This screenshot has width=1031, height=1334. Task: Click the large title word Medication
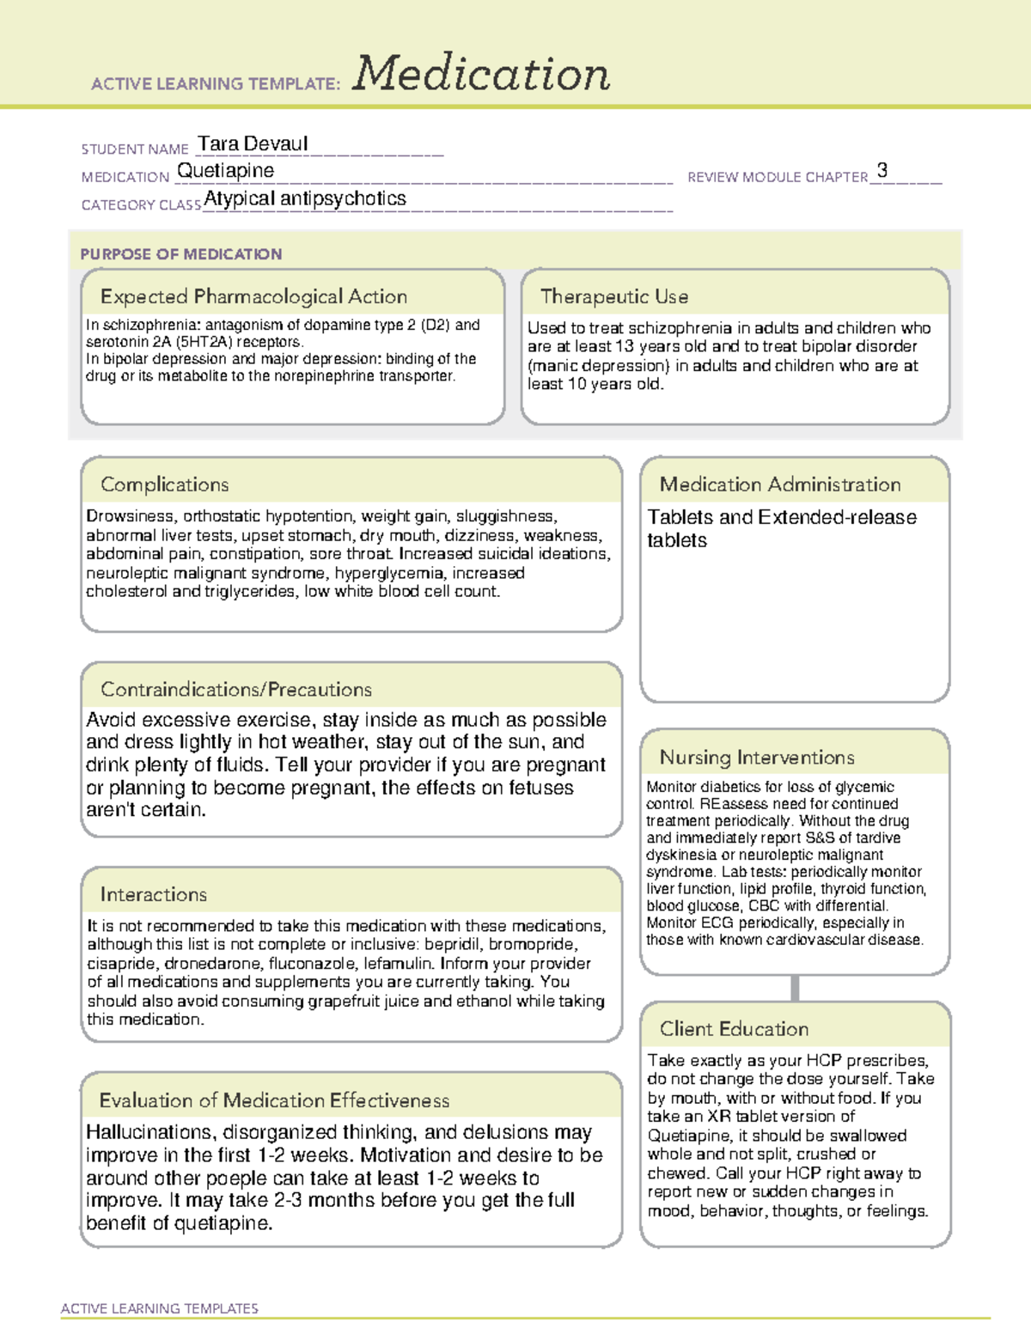pyautogui.click(x=481, y=74)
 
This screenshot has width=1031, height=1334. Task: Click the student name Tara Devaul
pyautogui.click(x=253, y=143)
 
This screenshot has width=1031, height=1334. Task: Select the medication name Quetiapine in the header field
pyautogui.click(x=226, y=171)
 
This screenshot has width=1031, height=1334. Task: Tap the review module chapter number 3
pyautogui.click(x=882, y=170)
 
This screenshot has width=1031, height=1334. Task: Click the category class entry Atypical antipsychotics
pyautogui.click(x=305, y=198)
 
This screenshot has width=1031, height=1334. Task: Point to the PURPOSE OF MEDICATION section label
pyautogui.click(x=181, y=254)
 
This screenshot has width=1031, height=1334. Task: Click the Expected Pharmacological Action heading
pyautogui.click(x=253, y=296)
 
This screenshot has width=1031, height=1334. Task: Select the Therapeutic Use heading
pyautogui.click(x=614, y=296)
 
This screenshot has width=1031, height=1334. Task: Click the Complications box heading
pyautogui.click(x=165, y=484)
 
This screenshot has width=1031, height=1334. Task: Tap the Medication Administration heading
pyautogui.click(x=780, y=484)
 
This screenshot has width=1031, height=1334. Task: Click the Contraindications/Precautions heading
pyautogui.click(x=236, y=689)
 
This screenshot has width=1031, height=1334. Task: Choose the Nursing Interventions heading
pyautogui.click(x=757, y=757)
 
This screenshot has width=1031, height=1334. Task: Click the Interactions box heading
pyautogui.click(x=154, y=894)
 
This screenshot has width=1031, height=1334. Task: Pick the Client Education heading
pyautogui.click(x=735, y=1028)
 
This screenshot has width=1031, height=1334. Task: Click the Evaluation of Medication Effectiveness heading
pyautogui.click(x=274, y=1100)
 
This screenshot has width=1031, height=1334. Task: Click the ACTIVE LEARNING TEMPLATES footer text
pyautogui.click(x=160, y=1308)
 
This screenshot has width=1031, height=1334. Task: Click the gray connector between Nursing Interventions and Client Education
pyautogui.click(x=795, y=988)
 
